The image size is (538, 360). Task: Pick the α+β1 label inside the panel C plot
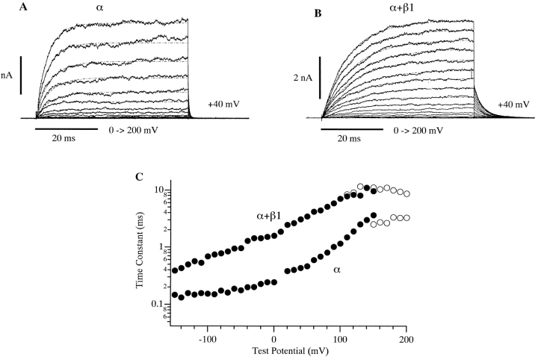269,217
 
